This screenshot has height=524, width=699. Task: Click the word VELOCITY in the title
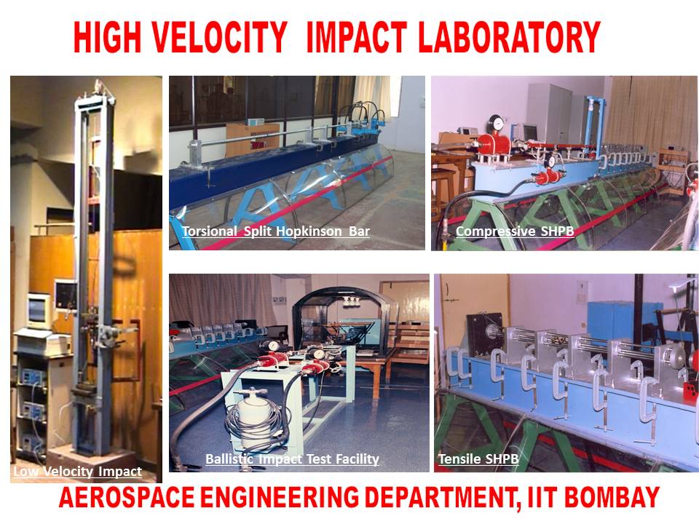[218, 37]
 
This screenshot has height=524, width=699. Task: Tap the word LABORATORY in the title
[509, 37]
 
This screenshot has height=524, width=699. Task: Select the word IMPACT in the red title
[356, 37]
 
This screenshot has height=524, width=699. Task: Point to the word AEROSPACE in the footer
[127, 497]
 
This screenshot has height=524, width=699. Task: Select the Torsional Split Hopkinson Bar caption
[276, 231]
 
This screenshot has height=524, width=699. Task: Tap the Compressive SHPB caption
[515, 231]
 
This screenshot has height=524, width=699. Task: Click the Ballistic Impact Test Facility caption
[292, 459]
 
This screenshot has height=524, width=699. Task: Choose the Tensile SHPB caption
[478, 459]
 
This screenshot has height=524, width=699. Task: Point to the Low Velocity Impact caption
[78, 472]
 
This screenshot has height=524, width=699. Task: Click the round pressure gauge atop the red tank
[495, 122]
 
